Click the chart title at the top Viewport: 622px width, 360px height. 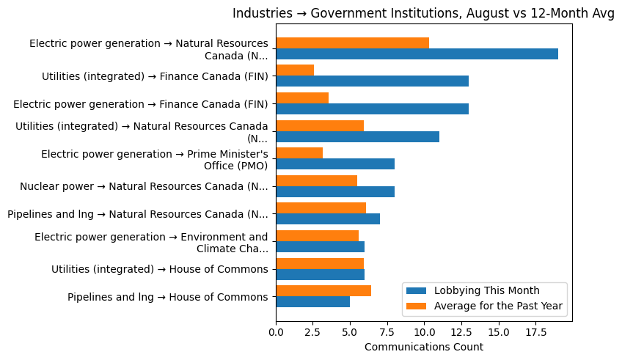[423, 14]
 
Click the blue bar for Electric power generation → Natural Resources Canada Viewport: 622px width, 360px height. [417, 54]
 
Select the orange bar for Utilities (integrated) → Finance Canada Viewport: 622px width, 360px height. [295, 70]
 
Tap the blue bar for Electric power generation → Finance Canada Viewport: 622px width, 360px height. [372, 109]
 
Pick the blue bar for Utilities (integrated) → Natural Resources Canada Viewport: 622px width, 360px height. [357, 136]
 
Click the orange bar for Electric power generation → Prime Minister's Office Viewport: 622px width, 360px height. [299, 153]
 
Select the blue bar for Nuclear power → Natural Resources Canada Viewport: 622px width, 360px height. [335, 191]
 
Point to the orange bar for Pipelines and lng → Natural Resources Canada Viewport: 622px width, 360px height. [321, 208]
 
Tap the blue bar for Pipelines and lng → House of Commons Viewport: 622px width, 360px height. [312, 302]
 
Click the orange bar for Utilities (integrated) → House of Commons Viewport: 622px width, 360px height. [320, 263]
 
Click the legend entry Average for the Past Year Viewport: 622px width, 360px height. [497, 306]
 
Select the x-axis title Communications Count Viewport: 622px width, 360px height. [423, 347]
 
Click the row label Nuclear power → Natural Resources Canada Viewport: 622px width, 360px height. [144, 186]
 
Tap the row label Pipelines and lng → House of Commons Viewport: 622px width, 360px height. [167, 297]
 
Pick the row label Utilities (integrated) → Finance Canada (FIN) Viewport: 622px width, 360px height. [155, 76]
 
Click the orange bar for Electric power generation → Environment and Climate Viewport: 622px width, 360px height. [317, 235]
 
